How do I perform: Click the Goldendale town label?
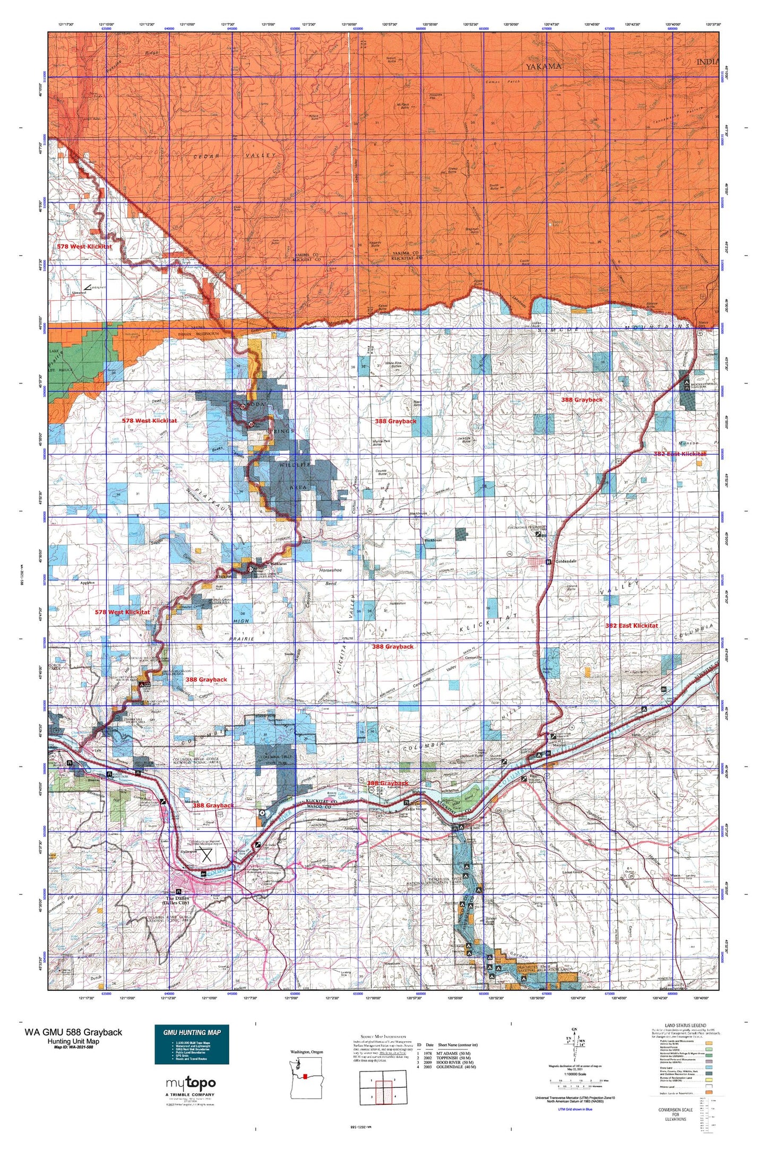565,561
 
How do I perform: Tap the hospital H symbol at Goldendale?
548,561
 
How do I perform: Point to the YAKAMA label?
544,66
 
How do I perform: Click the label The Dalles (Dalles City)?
177,900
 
